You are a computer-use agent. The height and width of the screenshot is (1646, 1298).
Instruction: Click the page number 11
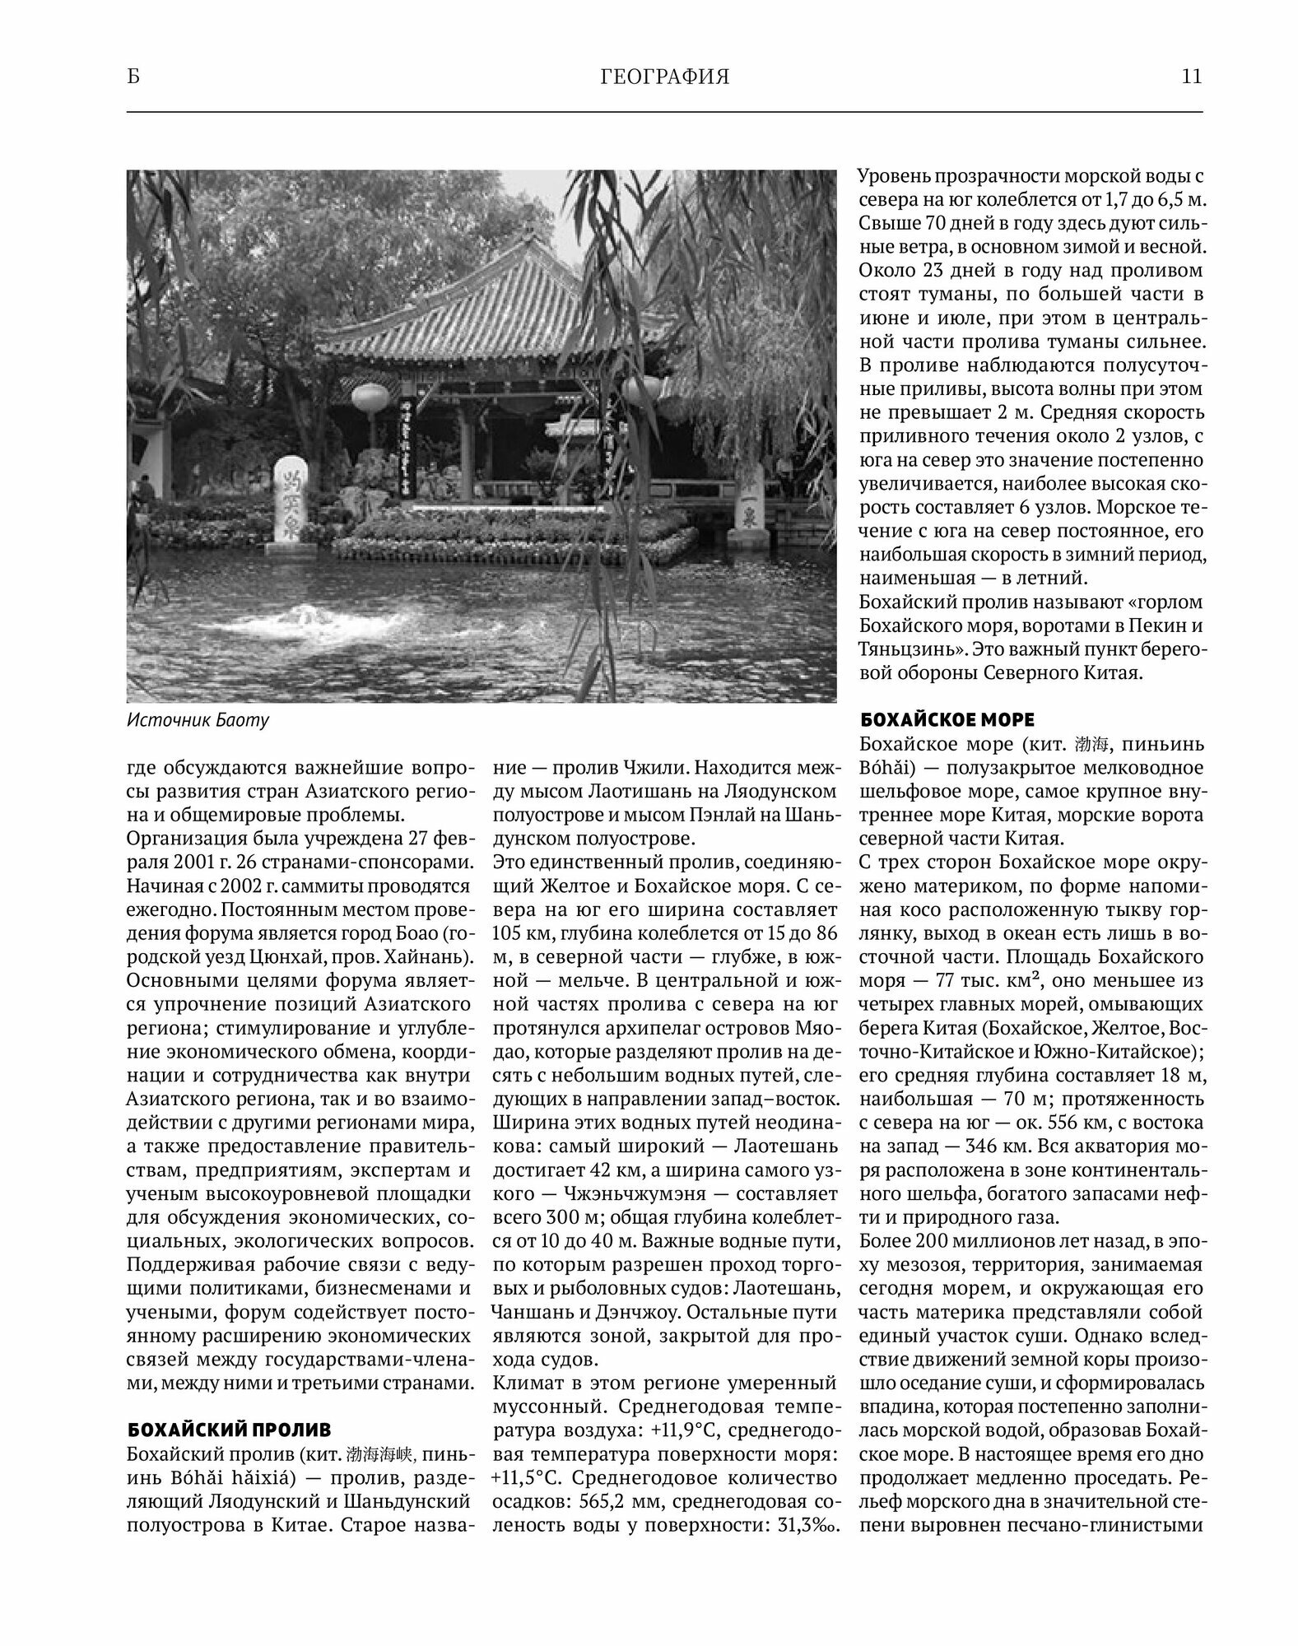(x=1191, y=77)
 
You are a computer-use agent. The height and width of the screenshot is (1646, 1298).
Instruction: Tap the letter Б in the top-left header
(x=133, y=77)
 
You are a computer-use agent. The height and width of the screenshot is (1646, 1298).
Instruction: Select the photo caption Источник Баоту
(x=198, y=721)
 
